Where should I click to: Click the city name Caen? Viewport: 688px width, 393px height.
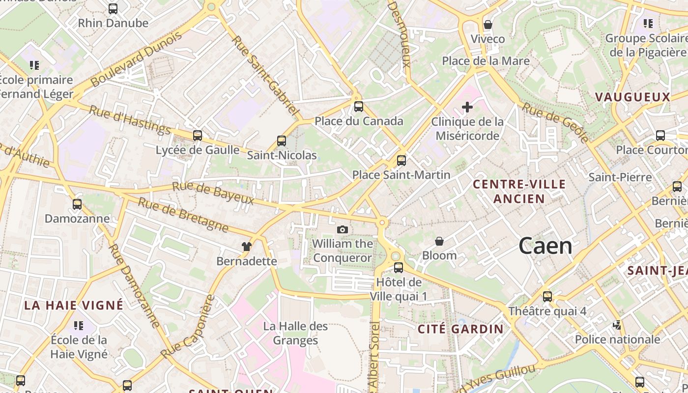[x=545, y=246]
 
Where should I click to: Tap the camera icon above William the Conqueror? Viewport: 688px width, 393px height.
[x=343, y=229]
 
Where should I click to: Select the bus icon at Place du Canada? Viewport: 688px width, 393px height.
[x=359, y=107]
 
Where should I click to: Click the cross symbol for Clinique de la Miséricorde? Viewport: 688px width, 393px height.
[x=467, y=107]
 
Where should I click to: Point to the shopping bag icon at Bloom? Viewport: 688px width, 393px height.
[x=439, y=241]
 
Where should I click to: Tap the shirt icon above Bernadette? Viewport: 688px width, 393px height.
[x=247, y=246]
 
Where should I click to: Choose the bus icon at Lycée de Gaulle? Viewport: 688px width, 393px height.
[x=198, y=135]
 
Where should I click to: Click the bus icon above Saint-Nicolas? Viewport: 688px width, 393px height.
[x=282, y=141]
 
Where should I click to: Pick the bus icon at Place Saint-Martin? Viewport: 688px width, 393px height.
[x=401, y=160]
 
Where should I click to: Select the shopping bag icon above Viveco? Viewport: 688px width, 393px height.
[x=488, y=24]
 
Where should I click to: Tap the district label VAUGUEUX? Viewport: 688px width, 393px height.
[x=633, y=97]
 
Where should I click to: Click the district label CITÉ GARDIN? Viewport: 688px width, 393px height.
[x=460, y=329]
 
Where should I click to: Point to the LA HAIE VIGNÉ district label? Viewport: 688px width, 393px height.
[x=74, y=305]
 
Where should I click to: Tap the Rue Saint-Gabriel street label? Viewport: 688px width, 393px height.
[x=265, y=77]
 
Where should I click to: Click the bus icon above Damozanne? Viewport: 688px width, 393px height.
[x=77, y=204]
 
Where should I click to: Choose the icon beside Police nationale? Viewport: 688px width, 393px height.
[x=617, y=325]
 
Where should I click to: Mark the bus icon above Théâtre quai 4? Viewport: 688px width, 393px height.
[x=547, y=297]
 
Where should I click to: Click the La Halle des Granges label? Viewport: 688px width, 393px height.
[x=295, y=333]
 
